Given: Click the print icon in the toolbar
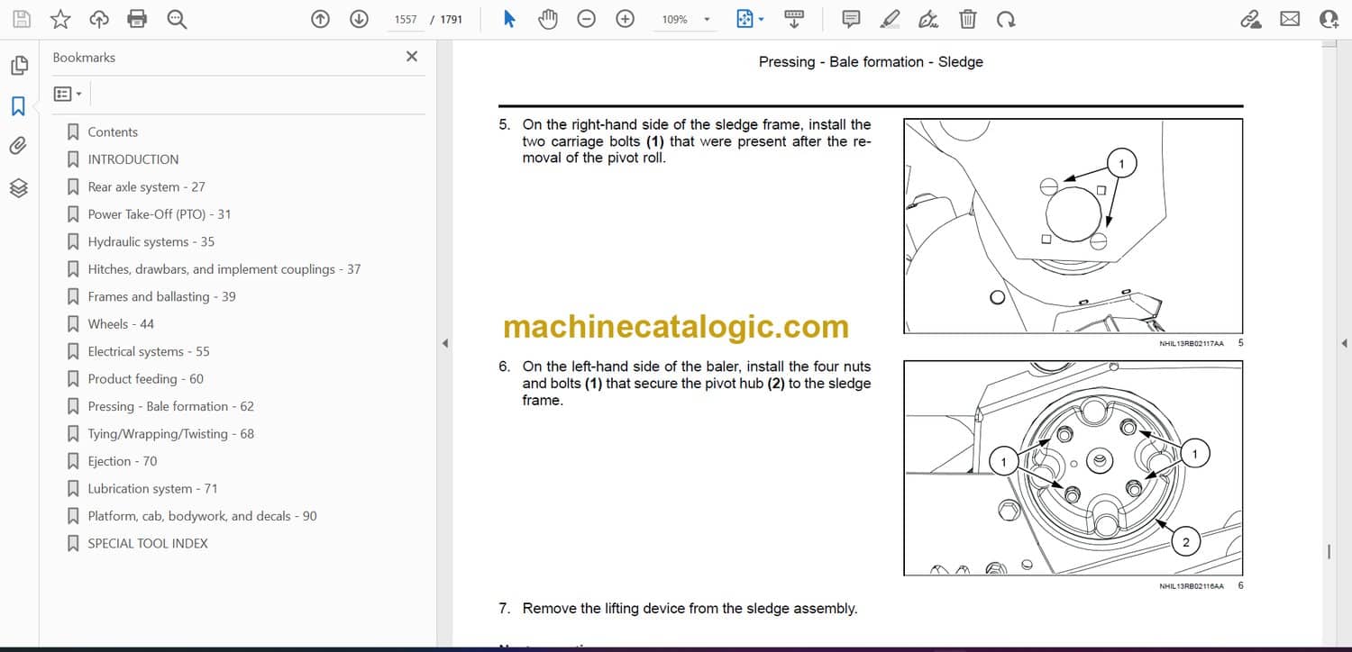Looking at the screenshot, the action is [x=137, y=19].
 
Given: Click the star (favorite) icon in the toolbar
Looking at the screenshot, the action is [x=60, y=19].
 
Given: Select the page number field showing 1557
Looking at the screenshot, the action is [x=406, y=19].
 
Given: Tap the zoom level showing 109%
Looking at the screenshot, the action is [x=674, y=19].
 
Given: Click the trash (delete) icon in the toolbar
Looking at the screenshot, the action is [x=967, y=19].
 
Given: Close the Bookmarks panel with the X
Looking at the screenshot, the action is [x=412, y=57].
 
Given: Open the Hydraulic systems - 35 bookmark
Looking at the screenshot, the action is [x=151, y=242].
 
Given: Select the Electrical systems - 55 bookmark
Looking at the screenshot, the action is [x=149, y=351].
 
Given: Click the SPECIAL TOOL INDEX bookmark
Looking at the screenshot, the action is [x=148, y=543].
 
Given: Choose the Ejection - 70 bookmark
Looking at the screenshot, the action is [x=123, y=461].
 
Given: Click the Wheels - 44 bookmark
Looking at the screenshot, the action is [x=121, y=324].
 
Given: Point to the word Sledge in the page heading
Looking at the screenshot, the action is [x=960, y=62].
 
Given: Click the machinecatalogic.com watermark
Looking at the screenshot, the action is [x=676, y=326].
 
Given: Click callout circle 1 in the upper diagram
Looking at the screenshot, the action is [x=1121, y=164].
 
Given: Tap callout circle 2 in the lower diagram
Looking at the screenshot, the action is [x=1185, y=541].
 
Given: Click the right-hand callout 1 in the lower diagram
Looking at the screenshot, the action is [x=1194, y=454].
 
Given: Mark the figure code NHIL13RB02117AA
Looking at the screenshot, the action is [x=1191, y=344].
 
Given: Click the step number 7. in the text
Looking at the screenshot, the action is [x=505, y=609].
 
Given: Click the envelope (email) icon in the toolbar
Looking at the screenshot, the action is [x=1290, y=19].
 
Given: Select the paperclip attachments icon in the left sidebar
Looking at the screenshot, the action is [x=19, y=146].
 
